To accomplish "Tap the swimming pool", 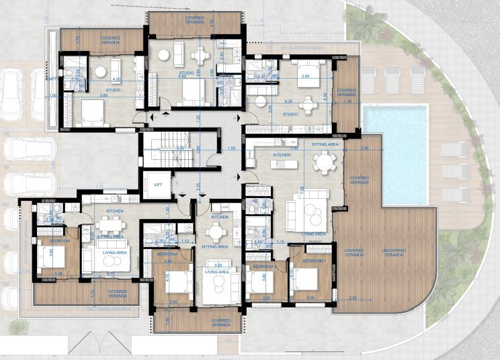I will pos(394,154).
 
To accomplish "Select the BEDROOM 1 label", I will pos(314,260).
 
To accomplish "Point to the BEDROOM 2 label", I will pos(257,267).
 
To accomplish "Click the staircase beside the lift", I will pos(165,148).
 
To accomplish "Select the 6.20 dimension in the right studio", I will pos(288,101).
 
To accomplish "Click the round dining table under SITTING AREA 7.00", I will pos(324,162).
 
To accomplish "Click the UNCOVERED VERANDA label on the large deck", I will pos(394,252).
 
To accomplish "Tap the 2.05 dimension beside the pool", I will pos(364,146).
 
